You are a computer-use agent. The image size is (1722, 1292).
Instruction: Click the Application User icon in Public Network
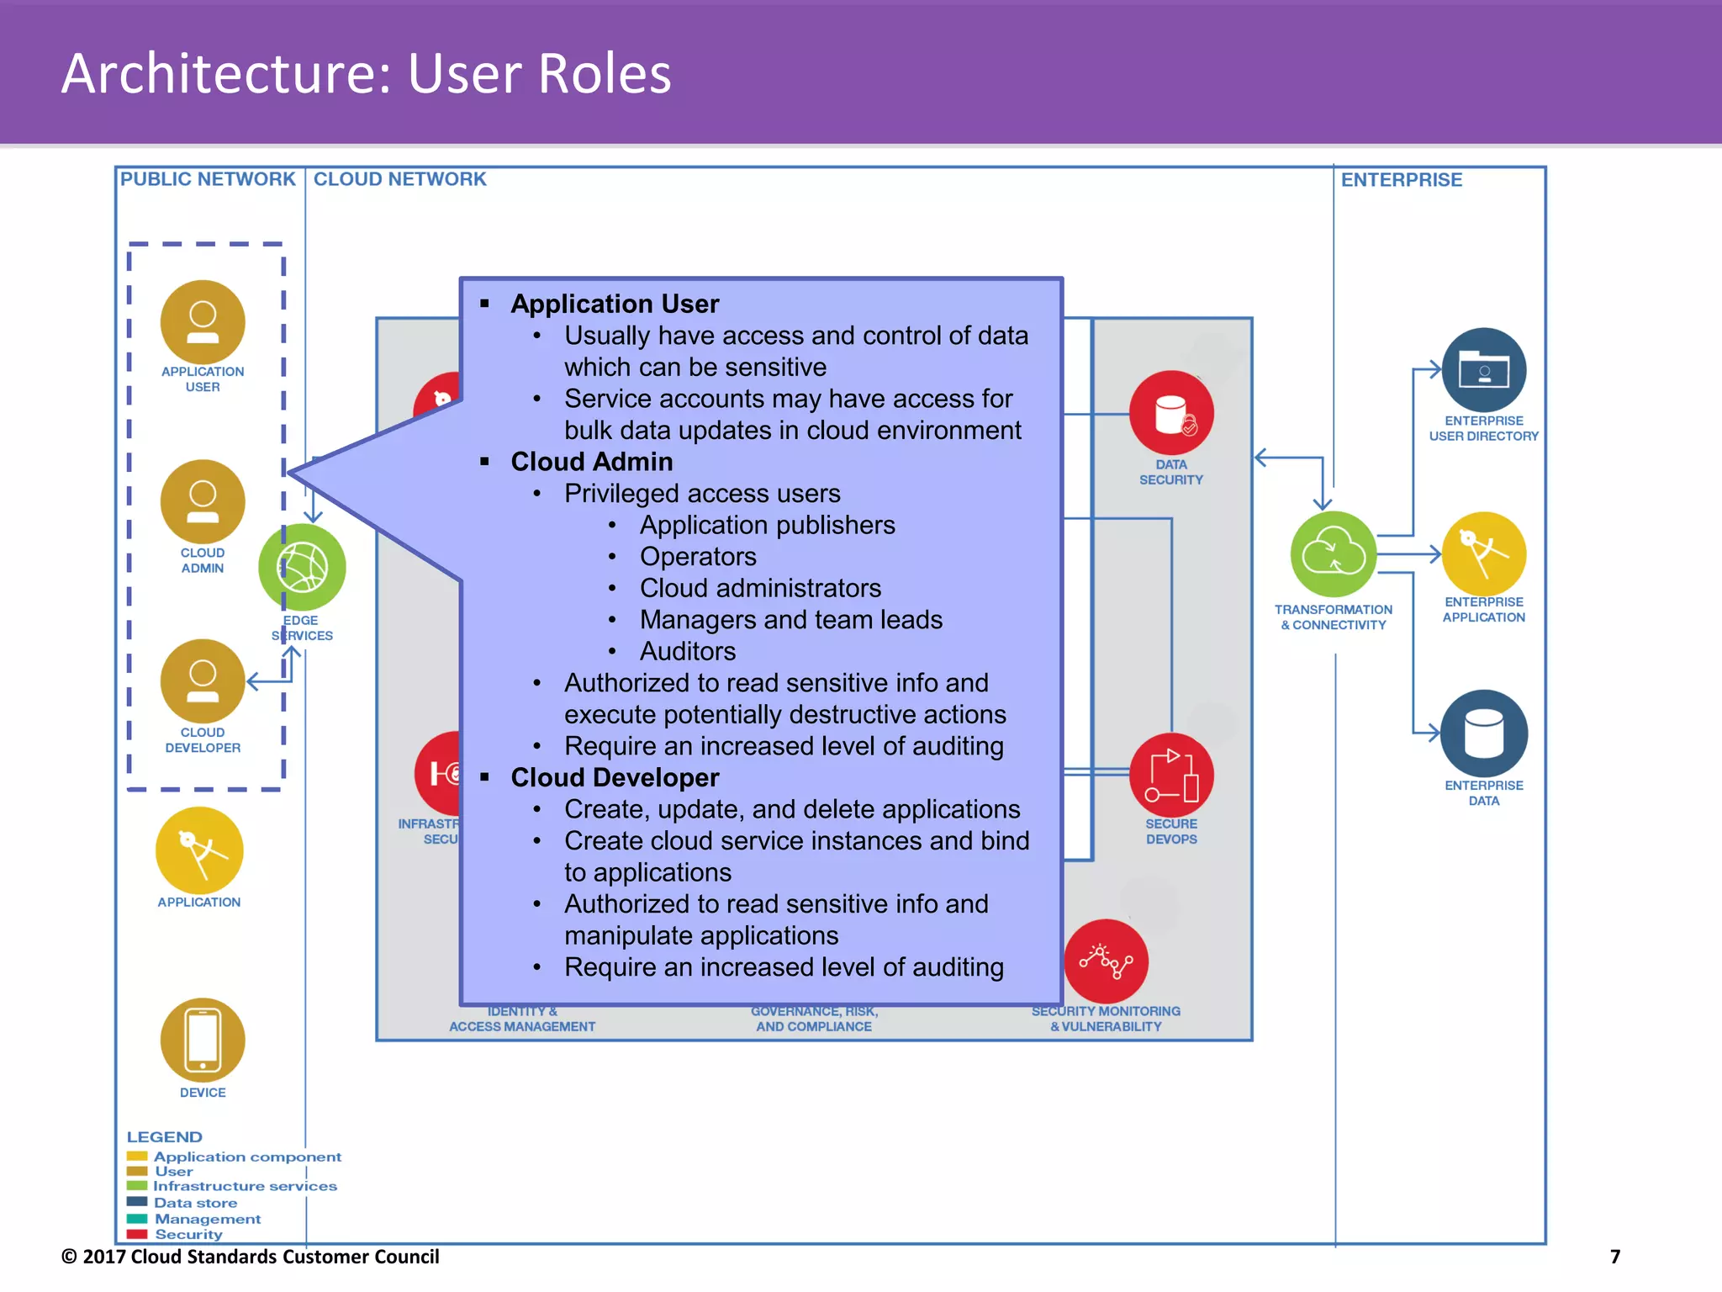click(x=203, y=322)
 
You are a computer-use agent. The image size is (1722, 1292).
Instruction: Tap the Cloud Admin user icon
click(x=203, y=501)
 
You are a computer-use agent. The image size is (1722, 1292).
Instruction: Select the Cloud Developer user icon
click(x=203, y=680)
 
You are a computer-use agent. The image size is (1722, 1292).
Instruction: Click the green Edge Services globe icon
click(x=303, y=567)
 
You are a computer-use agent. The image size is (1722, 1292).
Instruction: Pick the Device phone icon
click(x=203, y=1040)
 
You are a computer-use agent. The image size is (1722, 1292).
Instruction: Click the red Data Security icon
click(x=1171, y=413)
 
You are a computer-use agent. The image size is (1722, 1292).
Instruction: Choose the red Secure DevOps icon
click(x=1171, y=775)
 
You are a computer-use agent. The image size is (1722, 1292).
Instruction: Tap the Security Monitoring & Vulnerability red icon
click(x=1106, y=961)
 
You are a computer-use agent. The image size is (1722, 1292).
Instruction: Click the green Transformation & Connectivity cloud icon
click(x=1334, y=553)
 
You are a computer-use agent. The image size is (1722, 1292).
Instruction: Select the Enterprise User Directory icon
click(x=1484, y=370)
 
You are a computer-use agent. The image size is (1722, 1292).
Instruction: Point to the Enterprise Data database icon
click(x=1484, y=733)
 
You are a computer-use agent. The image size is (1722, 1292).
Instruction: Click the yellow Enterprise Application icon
click(x=1484, y=553)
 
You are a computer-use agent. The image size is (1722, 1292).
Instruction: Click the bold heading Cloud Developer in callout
click(x=615, y=777)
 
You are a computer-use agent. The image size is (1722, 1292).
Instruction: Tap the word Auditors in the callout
click(x=687, y=651)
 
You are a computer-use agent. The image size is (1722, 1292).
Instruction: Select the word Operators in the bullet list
click(x=698, y=556)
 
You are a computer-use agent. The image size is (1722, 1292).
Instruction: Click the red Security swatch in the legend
click(x=137, y=1234)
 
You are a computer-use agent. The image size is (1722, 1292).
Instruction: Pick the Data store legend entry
click(x=195, y=1203)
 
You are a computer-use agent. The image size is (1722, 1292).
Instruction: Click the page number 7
click(x=1614, y=1257)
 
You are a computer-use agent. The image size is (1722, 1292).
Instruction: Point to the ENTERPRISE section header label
click(x=1401, y=180)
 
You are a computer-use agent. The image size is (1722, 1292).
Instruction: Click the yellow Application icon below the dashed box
click(x=199, y=850)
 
